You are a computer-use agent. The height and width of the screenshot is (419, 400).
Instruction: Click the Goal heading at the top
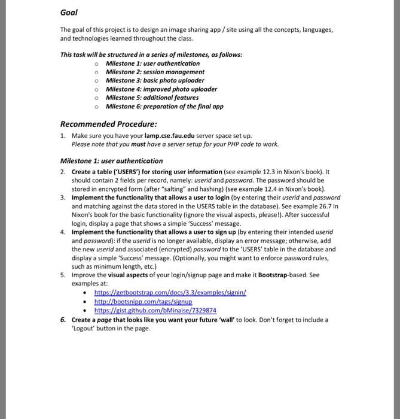[69, 12]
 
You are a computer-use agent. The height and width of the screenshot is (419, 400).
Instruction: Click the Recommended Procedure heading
[109, 124]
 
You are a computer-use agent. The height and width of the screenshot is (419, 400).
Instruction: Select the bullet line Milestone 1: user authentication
[152, 63]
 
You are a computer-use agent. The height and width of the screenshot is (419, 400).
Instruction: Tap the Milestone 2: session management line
[155, 72]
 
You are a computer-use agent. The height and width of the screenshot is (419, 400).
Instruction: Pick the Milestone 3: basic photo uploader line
[155, 80]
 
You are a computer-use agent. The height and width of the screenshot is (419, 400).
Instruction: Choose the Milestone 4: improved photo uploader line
[161, 89]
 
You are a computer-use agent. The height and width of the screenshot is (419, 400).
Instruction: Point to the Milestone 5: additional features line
[152, 98]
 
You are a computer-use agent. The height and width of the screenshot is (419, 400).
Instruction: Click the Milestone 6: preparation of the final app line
[164, 107]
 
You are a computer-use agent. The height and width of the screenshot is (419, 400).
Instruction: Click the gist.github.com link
[155, 310]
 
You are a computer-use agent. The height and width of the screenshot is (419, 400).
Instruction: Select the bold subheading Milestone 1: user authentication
[111, 161]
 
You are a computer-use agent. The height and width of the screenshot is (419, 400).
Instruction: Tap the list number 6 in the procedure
[63, 320]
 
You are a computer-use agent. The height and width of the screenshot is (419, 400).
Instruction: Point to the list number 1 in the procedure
[63, 136]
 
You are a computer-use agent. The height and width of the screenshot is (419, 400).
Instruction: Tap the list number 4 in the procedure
[63, 232]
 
